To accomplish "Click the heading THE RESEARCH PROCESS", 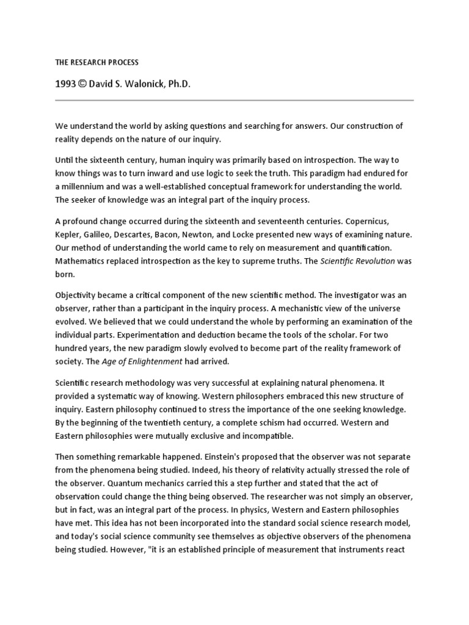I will [96, 62].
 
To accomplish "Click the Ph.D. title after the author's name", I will [177, 84].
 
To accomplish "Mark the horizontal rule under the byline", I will [234, 99].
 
